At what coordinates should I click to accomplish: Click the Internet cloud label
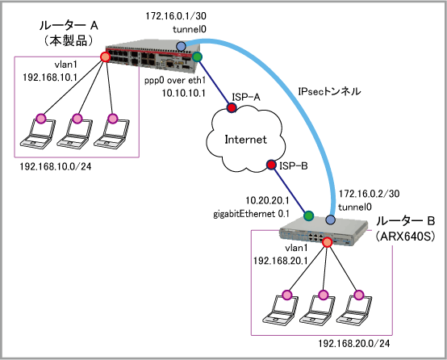pyautogui.click(x=245, y=140)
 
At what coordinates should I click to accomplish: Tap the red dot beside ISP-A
pyautogui.click(x=232, y=107)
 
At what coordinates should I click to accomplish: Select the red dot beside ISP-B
pyautogui.click(x=271, y=165)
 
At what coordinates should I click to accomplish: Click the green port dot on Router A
pyautogui.click(x=197, y=57)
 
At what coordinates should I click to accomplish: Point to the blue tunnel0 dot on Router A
pyautogui.click(x=181, y=46)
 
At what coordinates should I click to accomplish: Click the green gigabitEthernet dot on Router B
pyautogui.click(x=308, y=216)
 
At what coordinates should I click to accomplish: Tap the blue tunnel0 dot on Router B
pyautogui.click(x=330, y=220)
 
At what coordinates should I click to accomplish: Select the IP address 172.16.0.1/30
pyautogui.click(x=176, y=16)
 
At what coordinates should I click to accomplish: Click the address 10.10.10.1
pyautogui.click(x=184, y=94)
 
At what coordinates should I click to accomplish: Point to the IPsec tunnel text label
pyautogui.click(x=329, y=91)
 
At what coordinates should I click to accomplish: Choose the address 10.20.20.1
pyautogui.click(x=267, y=200)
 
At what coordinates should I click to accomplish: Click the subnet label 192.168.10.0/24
pyautogui.click(x=56, y=166)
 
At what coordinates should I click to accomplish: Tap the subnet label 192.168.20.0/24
pyautogui.click(x=353, y=344)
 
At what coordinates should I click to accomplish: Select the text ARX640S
pyautogui.click(x=405, y=237)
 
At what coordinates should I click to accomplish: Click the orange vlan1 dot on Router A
pyautogui.click(x=105, y=57)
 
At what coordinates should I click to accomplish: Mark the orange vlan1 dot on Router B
pyautogui.click(x=327, y=242)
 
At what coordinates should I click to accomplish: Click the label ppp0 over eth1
pyautogui.click(x=175, y=81)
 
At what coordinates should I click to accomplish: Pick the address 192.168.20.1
pyautogui.click(x=280, y=261)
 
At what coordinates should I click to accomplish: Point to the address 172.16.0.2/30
pyautogui.click(x=369, y=194)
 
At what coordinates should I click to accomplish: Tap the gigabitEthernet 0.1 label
pyautogui.click(x=251, y=214)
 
